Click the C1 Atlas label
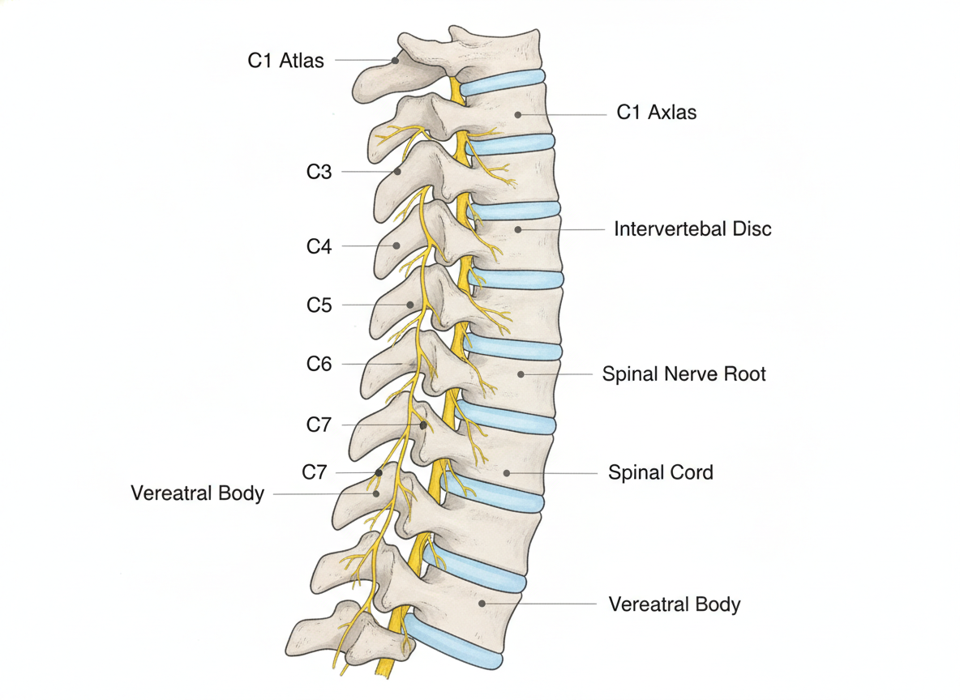(285, 61)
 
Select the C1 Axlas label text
(656, 113)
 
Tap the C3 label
(319, 172)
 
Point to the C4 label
(319, 246)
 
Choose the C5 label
(319, 305)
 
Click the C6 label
(319, 364)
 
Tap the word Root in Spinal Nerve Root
(744, 373)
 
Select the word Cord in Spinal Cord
(691, 472)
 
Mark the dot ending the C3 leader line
(397, 172)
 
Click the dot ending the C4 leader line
(396, 246)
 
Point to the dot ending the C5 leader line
(410, 305)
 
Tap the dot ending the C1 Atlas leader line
(396, 61)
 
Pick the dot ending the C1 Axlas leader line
(518, 114)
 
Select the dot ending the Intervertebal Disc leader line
(518, 229)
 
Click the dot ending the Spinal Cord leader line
(507, 473)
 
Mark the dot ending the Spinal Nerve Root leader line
(521, 373)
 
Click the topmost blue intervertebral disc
(502, 83)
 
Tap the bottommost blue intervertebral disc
(453, 642)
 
